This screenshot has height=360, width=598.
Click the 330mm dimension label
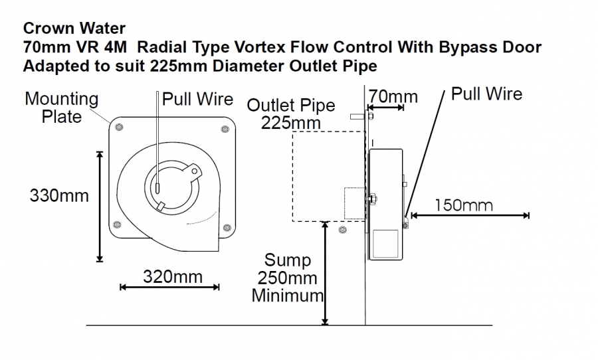point(59,196)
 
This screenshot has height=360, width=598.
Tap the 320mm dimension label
point(172,277)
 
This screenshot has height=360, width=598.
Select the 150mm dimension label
point(464,205)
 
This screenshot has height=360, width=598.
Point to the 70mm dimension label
point(393,96)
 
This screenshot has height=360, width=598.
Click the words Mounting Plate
point(61,108)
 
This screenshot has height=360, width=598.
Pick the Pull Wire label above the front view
point(197,99)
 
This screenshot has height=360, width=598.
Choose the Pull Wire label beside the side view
point(486,94)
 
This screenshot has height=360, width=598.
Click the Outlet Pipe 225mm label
point(290,114)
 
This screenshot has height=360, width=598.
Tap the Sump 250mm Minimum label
point(288,278)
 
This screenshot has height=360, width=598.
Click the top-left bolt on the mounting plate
point(119,127)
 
